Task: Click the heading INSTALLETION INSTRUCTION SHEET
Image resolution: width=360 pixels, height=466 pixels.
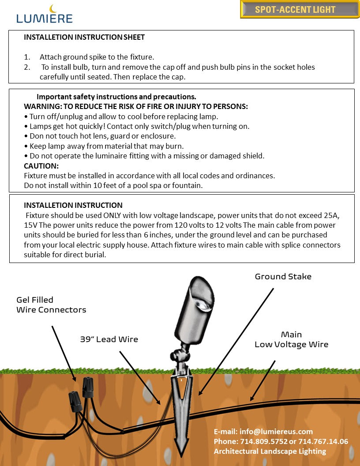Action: [84, 38]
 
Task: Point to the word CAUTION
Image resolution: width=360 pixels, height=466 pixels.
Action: [41, 166]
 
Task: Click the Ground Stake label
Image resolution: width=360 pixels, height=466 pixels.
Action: [283, 277]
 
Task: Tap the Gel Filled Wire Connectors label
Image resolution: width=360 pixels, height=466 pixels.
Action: [51, 305]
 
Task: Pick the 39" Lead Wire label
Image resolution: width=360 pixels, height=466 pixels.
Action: [109, 339]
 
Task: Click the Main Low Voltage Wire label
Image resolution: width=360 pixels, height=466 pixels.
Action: [291, 339]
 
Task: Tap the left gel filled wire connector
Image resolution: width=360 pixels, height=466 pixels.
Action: [74, 402]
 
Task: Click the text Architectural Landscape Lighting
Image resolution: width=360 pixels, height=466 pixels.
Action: [270, 451]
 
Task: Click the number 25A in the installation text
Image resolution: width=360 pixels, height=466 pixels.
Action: [334, 216]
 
